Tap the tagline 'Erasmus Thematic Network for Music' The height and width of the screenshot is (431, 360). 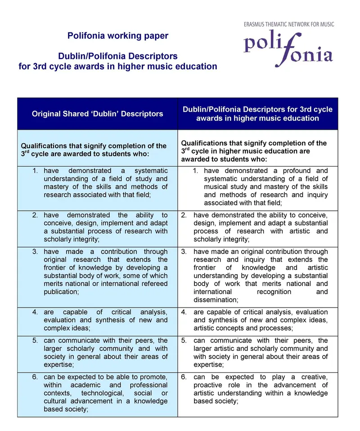(288, 24)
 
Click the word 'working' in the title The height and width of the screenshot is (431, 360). (125, 36)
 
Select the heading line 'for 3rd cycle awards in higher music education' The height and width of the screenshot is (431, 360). (118, 67)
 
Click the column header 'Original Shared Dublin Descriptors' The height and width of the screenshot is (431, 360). (97, 114)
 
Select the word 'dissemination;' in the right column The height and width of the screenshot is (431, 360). (216, 300)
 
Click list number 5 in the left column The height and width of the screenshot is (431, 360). (35, 340)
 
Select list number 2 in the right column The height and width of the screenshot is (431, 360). (184, 215)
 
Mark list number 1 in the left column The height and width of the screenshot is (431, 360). (35, 171)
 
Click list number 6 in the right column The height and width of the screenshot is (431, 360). (184, 377)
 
